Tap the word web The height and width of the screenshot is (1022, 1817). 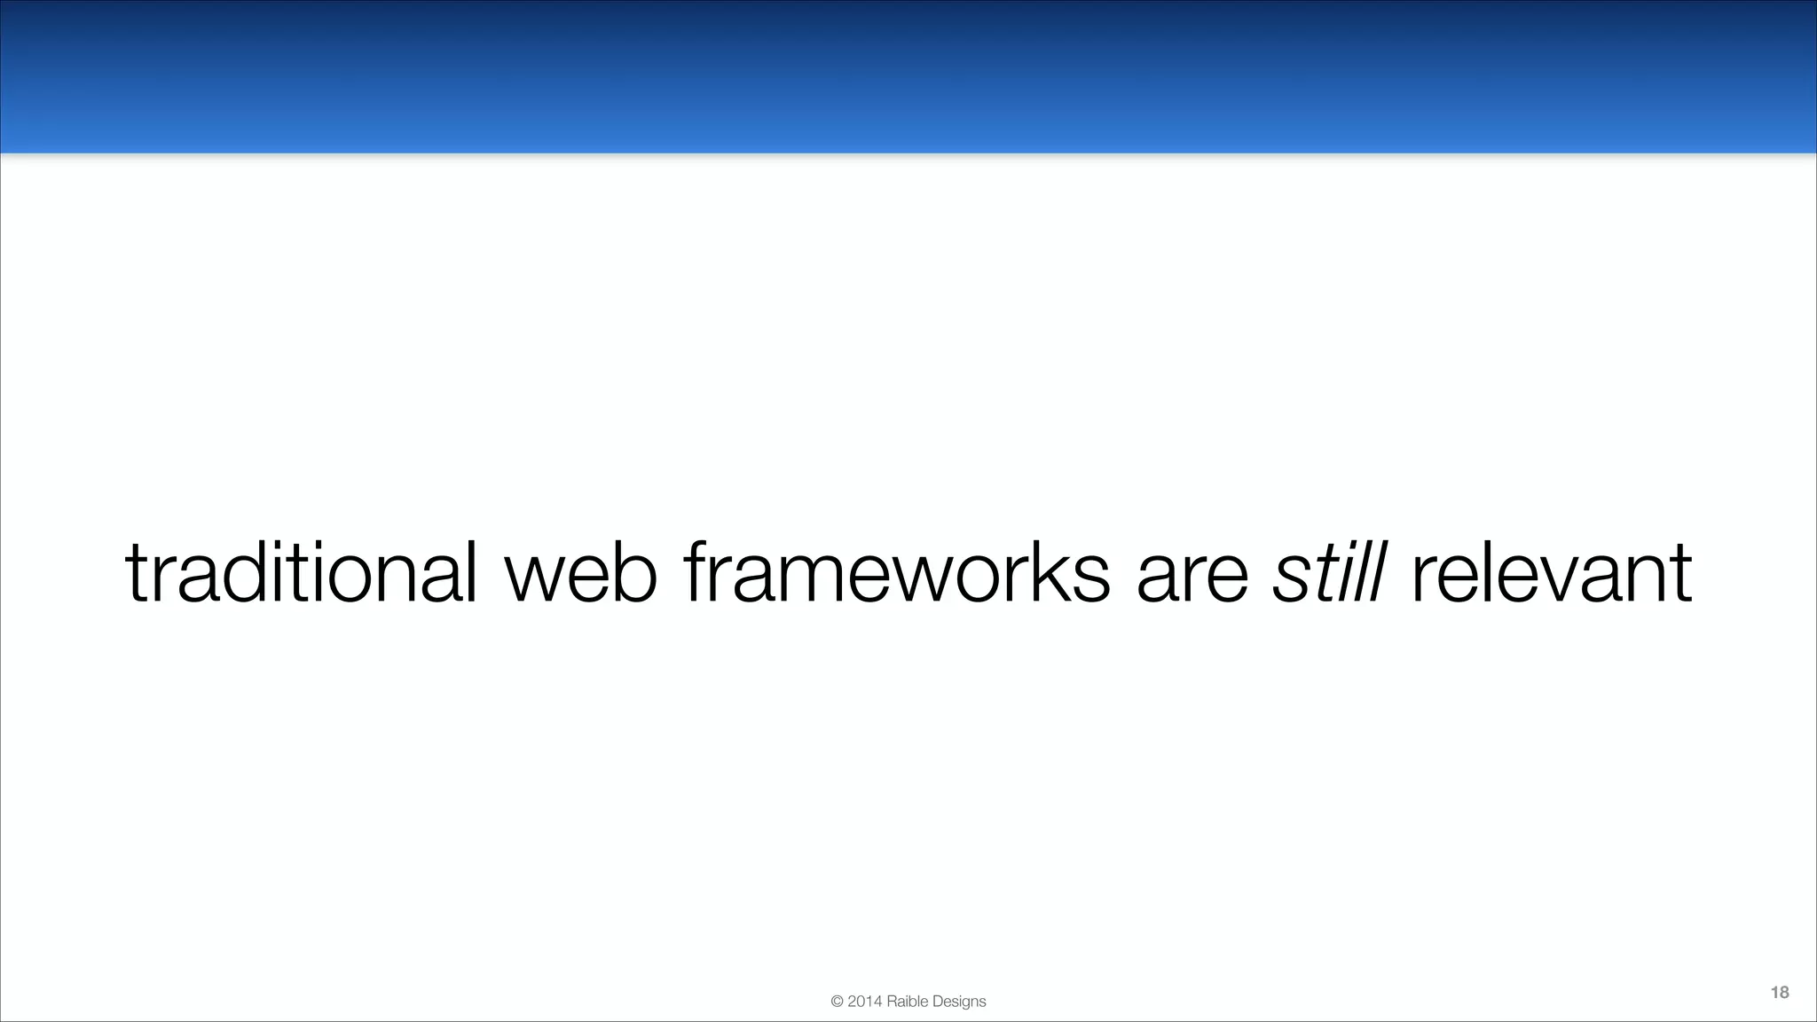coord(581,572)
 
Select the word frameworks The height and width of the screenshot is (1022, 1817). coord(896,572)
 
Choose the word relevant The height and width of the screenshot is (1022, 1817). coord(1551,572)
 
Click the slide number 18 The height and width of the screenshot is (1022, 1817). coord(1779,992)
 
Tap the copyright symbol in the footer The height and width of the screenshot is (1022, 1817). coord(837,1002)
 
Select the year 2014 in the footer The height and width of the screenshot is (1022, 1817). coord(865,1002)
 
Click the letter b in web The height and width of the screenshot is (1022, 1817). coord(636,572)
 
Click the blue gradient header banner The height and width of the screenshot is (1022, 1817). coord(908,76)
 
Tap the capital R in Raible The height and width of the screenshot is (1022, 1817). coord(892,1002)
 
